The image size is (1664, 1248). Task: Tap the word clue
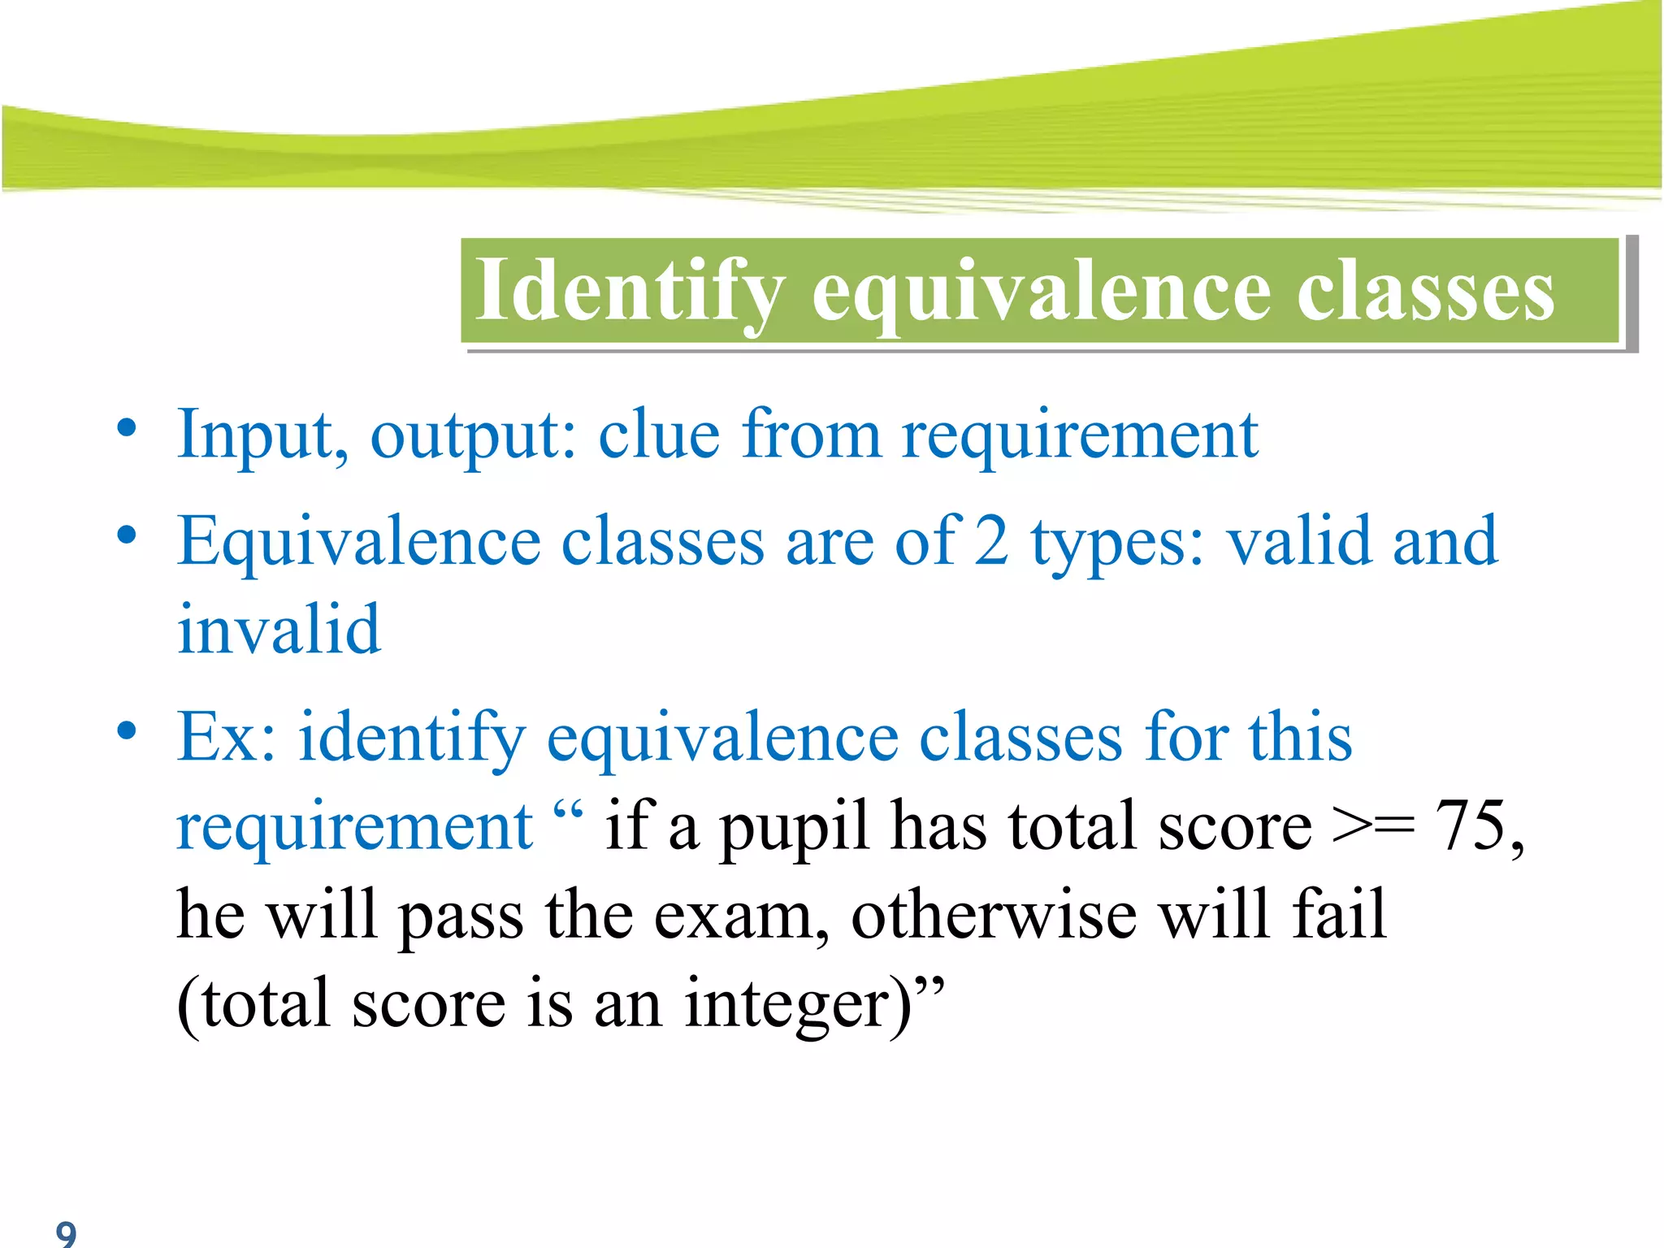click(658, 435)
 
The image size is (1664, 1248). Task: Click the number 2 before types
click(991, 543)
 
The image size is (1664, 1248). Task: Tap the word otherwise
click(994, 915)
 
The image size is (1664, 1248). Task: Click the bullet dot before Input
click(126, 427)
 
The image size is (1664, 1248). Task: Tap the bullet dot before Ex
click(126, 730)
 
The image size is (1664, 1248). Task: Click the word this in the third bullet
click(1300, 736)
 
